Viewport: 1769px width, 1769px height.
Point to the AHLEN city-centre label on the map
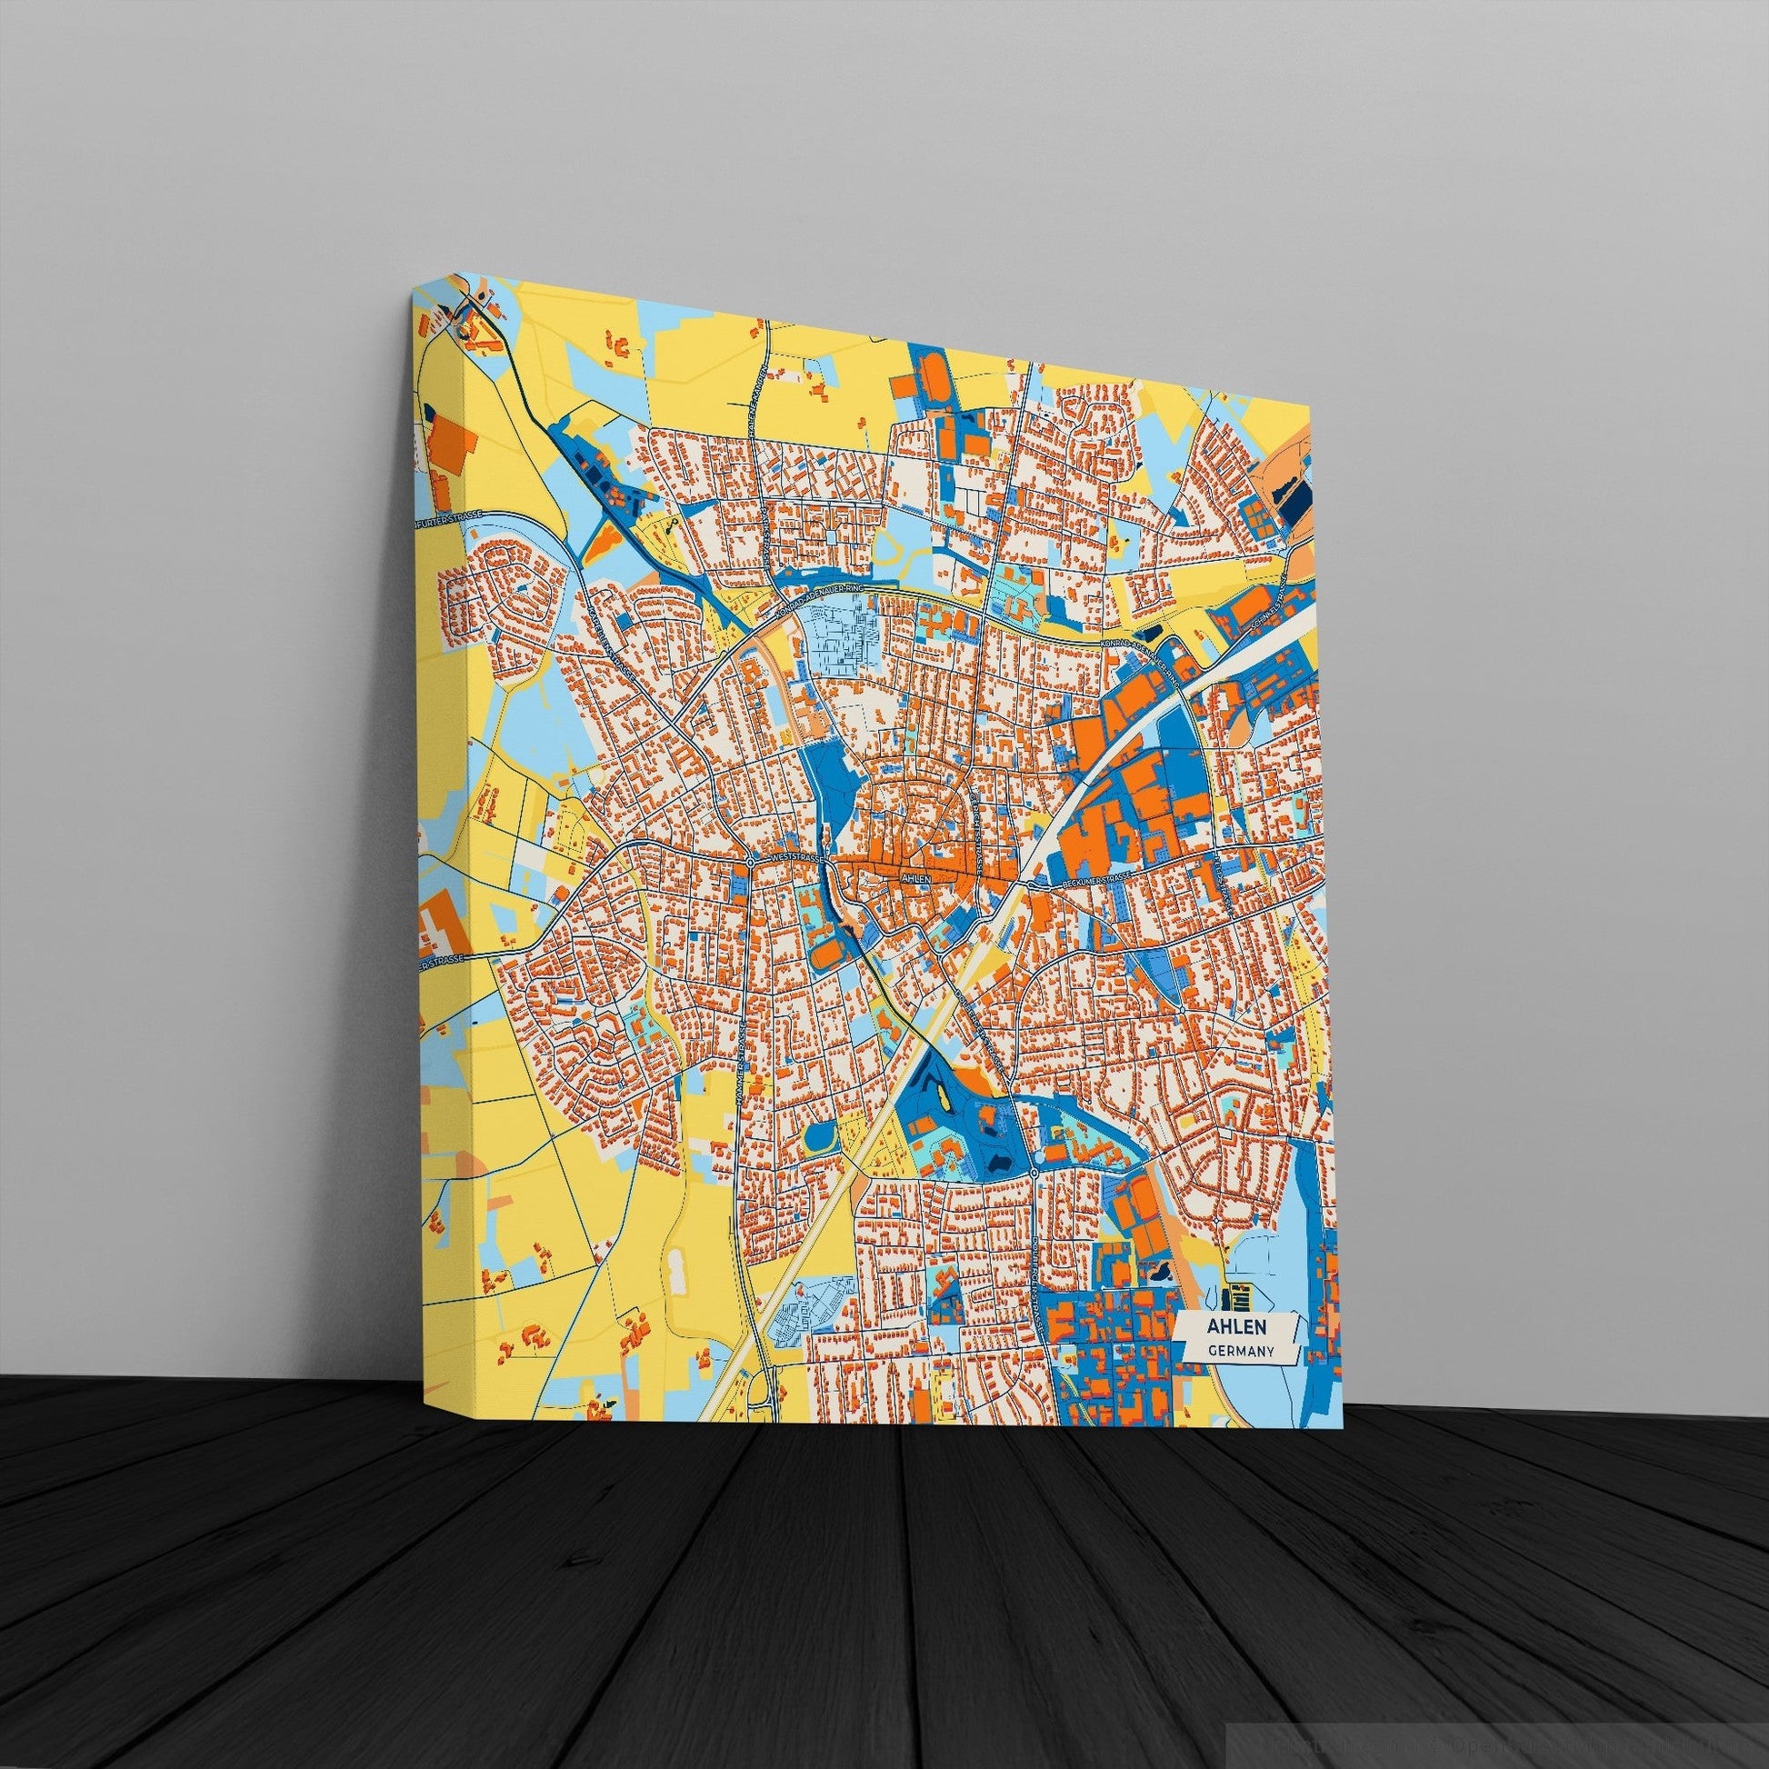(x=915, y=877)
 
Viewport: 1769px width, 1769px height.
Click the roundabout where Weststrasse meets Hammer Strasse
(x=750, y=862)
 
